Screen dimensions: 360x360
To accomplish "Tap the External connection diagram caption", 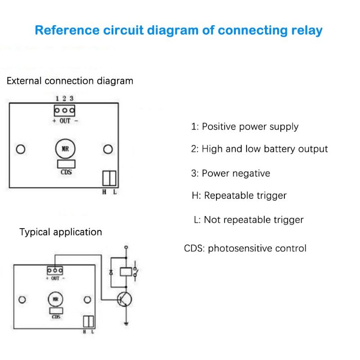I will [x=70, y=81].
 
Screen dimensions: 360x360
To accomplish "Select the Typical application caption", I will [x=60, y=232].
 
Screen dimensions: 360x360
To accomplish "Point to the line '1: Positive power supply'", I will [x=245, y=127].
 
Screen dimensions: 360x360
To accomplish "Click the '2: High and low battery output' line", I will [x=259, y=149].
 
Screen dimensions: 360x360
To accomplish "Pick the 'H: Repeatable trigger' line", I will [x=239, y=195].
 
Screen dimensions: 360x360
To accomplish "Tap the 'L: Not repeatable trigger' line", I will [x=248, y=220].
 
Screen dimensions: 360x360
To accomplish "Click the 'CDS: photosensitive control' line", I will [x=245, y=248].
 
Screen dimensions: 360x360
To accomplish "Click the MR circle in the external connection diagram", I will [x=65, y=149].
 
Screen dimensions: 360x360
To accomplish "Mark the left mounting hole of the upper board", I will [x=20, y=149].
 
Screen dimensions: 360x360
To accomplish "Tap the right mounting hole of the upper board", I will [x=108, y=149].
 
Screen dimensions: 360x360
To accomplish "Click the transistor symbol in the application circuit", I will [x=124, y=299].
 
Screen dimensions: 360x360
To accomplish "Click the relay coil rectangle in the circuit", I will [x=126, y=271].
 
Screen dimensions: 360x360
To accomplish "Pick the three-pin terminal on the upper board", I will [x=64, y=110].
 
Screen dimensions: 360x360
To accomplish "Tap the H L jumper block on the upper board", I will [x=109, y=178].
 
